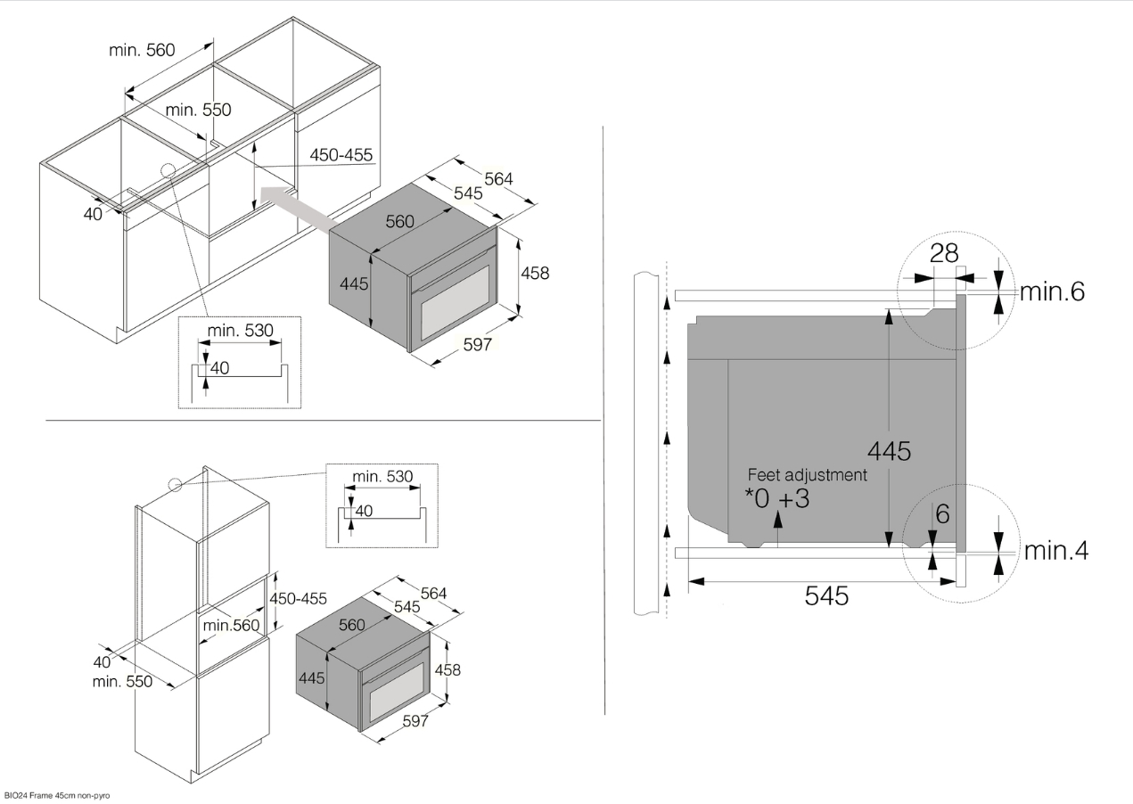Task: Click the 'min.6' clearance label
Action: pos(1052,291)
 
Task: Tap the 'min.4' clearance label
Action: pos(1056,551)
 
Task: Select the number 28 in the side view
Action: pos(944,253)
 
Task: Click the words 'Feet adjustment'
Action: pos(808,475)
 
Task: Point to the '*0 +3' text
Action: pos(777,498)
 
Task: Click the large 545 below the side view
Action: pos(826,595)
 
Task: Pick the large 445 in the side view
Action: pos(890,451)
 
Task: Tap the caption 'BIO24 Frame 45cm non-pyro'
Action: pos(57,796)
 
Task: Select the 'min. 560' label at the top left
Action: pos(142,50)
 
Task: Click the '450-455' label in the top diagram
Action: pos(341,155)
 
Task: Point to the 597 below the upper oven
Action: pos(478,344)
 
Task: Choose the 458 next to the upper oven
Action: pos(535,273)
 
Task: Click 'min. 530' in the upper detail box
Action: pos(241,331)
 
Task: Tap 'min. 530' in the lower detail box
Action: pos(382,476)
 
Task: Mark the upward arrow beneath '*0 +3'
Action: pos(778,529)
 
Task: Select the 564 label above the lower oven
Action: pos(433,593)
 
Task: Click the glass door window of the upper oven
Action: pos(456,303)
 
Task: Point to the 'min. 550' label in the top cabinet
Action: pos(198,110)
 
